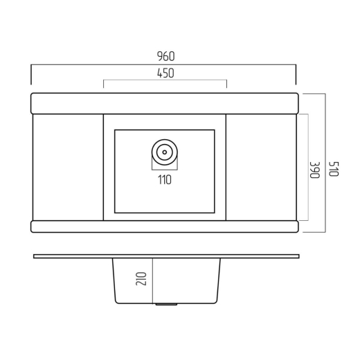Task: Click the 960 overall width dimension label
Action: (x=165, y=56)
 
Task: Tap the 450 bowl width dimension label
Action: (x=165, y=73)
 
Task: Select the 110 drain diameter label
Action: (x=165, y=180)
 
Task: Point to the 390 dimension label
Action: (x=314, y=170)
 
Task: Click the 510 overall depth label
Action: (x=334, y=169)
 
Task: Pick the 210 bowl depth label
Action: (x=141, y=279)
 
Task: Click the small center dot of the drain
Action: (x=165, y=152)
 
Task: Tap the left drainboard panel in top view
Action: (x=68, y=168)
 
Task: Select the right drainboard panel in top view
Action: (x=261, y=168)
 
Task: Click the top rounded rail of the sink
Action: (x=165, y=103)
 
